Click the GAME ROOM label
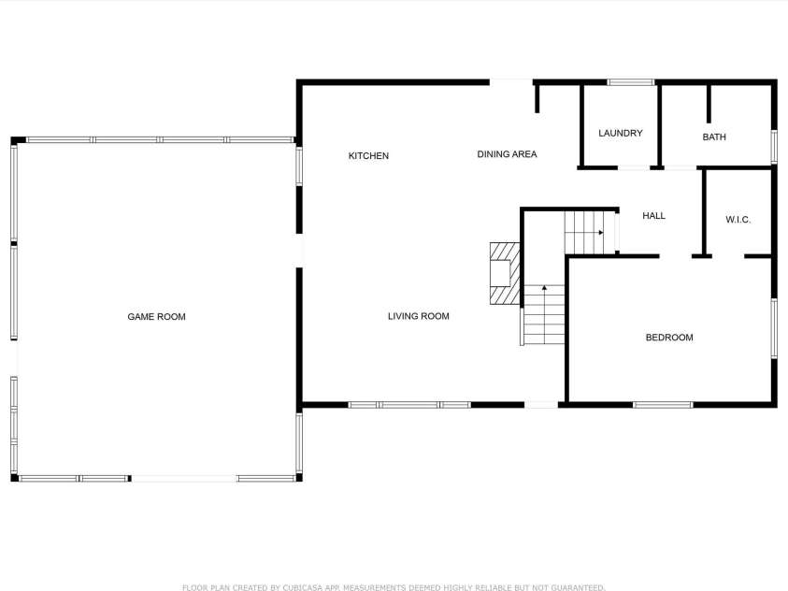(x=156, y=317)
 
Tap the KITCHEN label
(x=368, y=156)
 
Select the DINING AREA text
(x=507, y=154)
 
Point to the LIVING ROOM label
(x=419, y=316)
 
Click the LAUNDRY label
(x=621, y=133)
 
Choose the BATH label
(x=714, y=137)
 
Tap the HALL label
(x=653, y=216)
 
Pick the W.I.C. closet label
(x=738, y=220)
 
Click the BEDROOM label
(x=669, y=338)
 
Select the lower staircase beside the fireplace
(x=544, y=314)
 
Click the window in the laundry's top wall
(x=631, y=82)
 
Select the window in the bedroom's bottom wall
(x=663, y=405)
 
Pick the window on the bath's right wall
(x=774, y=147)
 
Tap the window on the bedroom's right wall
(x=774, y=328)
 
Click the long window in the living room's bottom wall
(x=409, y=405)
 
